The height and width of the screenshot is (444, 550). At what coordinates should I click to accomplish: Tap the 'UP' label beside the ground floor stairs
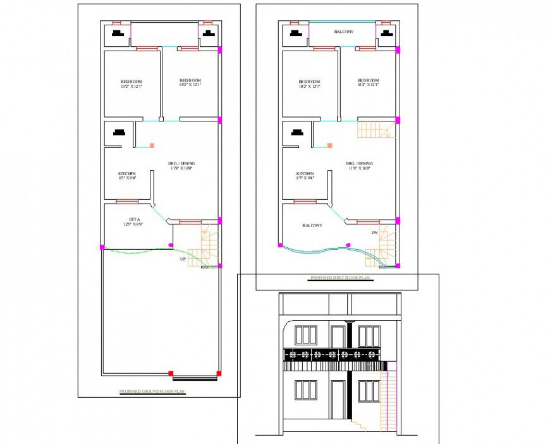[183, 259]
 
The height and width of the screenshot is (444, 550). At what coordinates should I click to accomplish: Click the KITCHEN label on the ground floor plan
[127, 174]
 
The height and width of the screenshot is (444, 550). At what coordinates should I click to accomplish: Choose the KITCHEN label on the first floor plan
[305, 174]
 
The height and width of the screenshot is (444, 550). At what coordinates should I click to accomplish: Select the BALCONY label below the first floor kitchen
[312, 225]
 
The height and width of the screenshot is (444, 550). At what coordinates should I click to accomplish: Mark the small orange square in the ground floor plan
[152, 145]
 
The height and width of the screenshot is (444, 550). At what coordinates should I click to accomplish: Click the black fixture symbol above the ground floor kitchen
[118, 133]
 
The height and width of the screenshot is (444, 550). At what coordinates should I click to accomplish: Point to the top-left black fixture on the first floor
[295, 35]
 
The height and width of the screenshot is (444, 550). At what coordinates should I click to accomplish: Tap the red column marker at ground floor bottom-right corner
[219, 373]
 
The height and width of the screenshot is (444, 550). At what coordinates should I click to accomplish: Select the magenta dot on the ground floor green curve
[170, 245]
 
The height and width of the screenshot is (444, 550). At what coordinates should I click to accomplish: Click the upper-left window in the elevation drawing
[306, 335]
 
